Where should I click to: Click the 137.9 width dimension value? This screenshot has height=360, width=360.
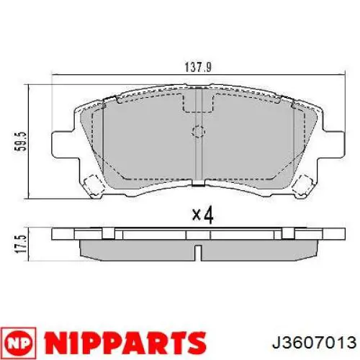[x=198, y=67]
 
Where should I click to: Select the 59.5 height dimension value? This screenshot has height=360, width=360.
[x=20, y=141]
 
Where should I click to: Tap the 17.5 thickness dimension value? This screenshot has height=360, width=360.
[x=20, y=244]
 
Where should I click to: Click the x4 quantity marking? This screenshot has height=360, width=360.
[x=203, y=215]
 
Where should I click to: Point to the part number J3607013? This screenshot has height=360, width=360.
[x=314, y=342]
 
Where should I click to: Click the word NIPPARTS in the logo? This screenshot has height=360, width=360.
[x=125, y=342]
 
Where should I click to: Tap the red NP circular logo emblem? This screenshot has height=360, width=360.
[x=18, y=342]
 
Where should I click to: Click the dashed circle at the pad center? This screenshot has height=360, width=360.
[x=198, y=131]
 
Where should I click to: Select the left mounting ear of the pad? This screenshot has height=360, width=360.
[x=63, y=145]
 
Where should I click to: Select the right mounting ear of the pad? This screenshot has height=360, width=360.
[x=333, y=145]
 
